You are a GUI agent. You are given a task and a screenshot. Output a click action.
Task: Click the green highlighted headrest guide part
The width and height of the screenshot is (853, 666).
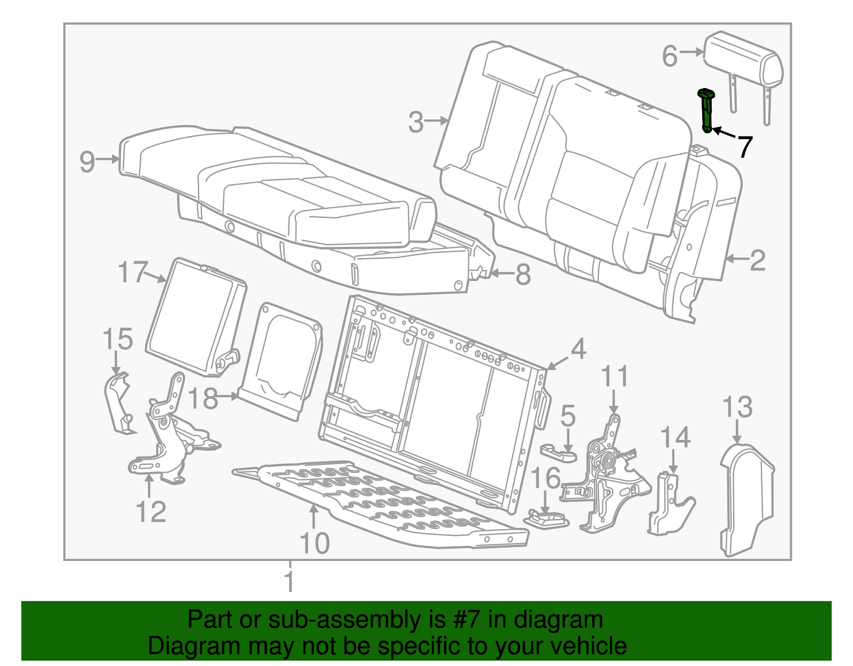tap(706, 111)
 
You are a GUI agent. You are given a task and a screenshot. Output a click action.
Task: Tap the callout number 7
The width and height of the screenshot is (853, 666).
tap(744, 146)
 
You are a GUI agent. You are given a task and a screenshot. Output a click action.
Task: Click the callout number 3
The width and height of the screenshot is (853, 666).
tap(416, 122)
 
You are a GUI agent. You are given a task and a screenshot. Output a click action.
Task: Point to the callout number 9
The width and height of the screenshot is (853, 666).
tap(87, 161)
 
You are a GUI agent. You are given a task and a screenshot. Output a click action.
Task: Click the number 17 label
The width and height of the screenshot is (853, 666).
tap(132, 272)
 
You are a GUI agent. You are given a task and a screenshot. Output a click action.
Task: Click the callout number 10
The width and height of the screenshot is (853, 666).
tap(315, 543)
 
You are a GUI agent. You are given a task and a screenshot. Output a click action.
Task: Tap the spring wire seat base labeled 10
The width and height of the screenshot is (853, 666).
tap(373, 501)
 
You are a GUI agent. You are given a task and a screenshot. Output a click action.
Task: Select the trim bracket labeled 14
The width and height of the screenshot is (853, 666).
tap(669, 504)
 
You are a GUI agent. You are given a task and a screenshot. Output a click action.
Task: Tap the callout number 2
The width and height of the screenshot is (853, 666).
tap(757, 260)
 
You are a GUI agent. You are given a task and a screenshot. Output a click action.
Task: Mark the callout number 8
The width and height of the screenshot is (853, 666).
tap(523, 275)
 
